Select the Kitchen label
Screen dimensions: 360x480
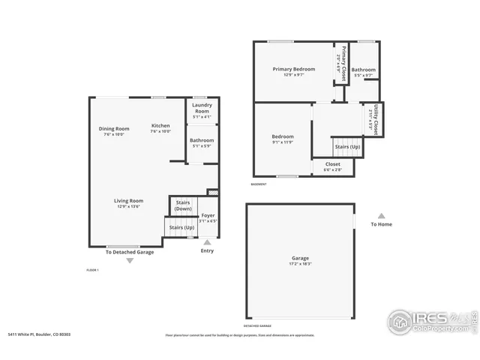[160, 125]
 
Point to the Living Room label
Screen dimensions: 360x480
[128, 200]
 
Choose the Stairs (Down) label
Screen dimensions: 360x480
[183, 205]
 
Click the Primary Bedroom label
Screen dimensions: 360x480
[293, 69]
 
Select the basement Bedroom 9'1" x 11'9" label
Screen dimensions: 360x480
[283, 136]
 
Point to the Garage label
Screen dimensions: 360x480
[299, 262]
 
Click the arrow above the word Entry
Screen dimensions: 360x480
[208, 242]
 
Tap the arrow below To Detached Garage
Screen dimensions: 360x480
[129, 260]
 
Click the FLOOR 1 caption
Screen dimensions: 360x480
[93, 269]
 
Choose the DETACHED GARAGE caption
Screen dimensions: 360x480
[258, 325]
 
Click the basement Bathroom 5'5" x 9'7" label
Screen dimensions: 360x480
[363, 72]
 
